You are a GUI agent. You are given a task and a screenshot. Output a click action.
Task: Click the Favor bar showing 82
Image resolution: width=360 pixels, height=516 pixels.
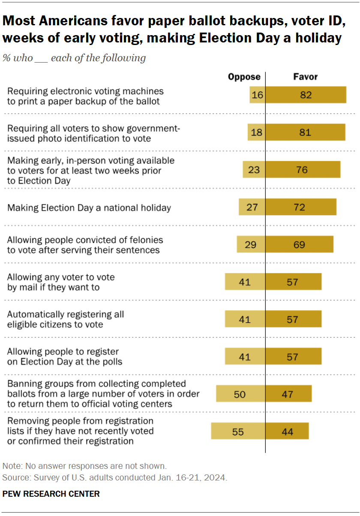pyautogui.click(x=306, y=95)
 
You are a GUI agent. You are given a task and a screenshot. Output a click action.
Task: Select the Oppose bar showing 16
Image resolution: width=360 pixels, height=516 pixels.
pyautogui.click(x=258, y=95)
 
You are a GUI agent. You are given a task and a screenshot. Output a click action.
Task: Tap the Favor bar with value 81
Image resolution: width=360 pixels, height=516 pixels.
pyautogui.click(x=305, y=132)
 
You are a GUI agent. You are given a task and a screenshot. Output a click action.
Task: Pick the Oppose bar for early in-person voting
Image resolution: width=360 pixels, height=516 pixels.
pyautogui.click(x=254, y=170)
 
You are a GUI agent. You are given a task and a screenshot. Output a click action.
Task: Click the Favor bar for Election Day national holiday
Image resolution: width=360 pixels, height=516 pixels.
pyautogui.click(x=301, y=207)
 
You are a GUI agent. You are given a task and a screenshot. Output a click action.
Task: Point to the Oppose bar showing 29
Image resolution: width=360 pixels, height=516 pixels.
pyautogui.click(x=251, y=245)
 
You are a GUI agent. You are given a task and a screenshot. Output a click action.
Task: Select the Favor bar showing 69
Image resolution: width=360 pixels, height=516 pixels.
pyautogui.click(x=299, y=245)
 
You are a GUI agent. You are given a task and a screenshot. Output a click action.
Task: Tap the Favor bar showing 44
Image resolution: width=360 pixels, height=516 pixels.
pyautogui.click(x=287, y=431)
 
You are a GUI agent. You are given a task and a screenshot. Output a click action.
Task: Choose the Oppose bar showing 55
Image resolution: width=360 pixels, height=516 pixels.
pyautogui.click(x=238, y=431)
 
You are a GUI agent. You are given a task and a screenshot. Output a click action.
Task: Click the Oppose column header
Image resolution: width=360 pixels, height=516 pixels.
pyautogui.click(x=244, y=77)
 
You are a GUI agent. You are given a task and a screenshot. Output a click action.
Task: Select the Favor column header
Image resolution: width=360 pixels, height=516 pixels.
pyautogui.click(x=305, y=77)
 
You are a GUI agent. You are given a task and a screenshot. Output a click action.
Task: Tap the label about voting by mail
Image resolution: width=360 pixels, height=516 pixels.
pyautogui.click(x=61, y=282)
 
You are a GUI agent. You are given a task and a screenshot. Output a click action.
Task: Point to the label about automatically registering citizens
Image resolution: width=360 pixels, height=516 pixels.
pyautogui.click(x=66, y=319)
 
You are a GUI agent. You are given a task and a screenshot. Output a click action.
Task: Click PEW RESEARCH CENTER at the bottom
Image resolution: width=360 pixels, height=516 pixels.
pyautogui.click(x=51, y=494)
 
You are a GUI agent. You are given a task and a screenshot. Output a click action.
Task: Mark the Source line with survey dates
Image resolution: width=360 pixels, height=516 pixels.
pyautogui.click(x=115, y=477)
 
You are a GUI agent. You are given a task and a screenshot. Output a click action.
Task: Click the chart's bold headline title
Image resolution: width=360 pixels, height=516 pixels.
pyautogui.click(x=174, y=29)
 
